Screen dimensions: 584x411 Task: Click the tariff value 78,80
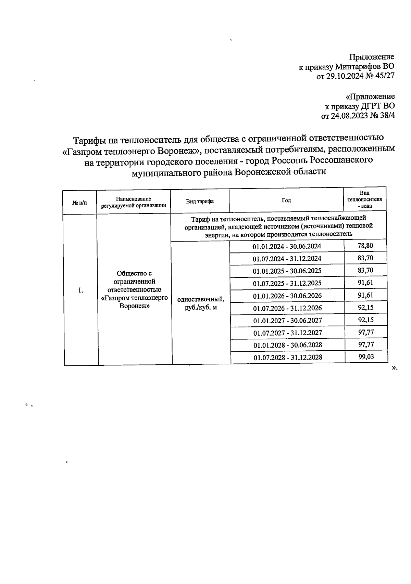point(365,246)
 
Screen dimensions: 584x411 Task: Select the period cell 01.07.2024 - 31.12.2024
point(287,259)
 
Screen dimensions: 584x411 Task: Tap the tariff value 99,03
point(366,357)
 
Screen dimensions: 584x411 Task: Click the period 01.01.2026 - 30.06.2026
point(287,296)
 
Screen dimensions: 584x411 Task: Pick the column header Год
point(286,200)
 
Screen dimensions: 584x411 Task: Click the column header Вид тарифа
point(200,201)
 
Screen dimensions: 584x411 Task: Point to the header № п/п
point(79,203)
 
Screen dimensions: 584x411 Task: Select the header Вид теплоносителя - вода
point(365,200)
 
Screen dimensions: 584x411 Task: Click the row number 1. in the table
point(80,290)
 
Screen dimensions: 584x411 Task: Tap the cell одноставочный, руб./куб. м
point(201,303)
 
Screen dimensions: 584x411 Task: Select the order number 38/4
point(387,116)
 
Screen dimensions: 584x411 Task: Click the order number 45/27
point(385,76)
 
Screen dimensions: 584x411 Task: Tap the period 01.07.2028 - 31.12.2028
point(288,358)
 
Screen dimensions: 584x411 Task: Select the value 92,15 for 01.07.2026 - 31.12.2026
point(366,307)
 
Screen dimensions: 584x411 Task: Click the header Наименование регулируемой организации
point(133,202)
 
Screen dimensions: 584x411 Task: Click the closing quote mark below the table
point(394,368)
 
